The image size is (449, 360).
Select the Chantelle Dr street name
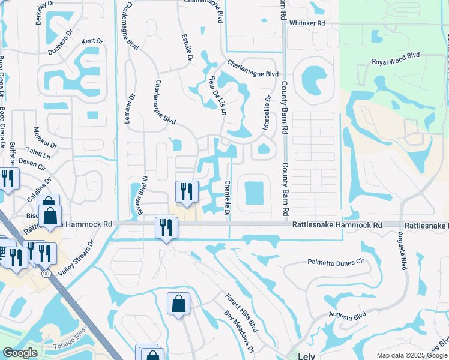point(228,197)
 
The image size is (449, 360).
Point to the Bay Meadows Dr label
point(239,332)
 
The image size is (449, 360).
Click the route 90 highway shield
point(46,273)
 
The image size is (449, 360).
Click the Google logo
point(20,353)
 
